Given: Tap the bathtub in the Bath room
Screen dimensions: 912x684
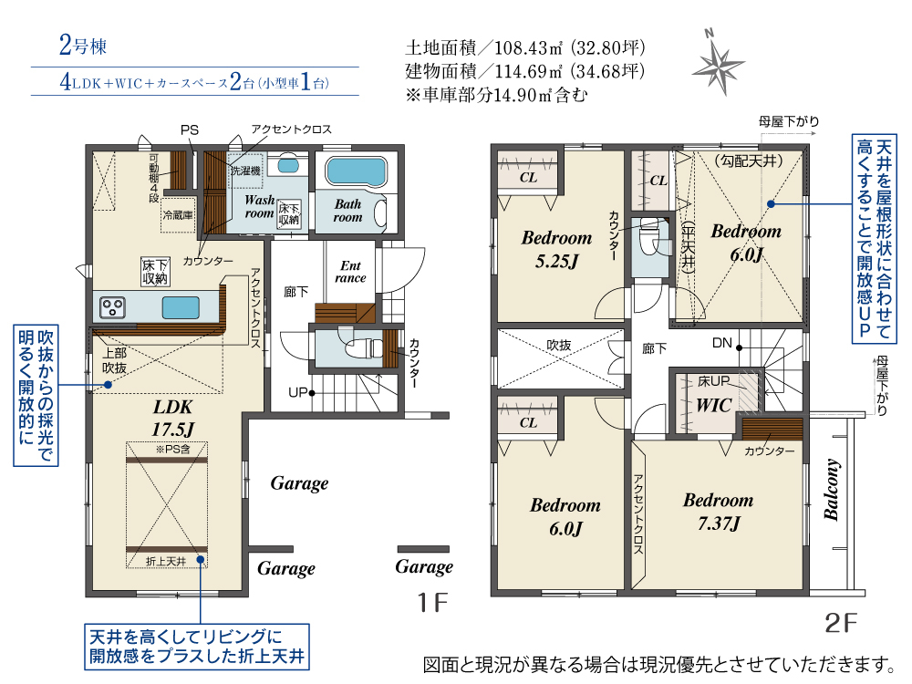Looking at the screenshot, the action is pos(356,171).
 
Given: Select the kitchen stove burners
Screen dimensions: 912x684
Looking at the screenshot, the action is pos(112,307).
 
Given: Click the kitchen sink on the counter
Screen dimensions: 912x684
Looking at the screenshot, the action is pos(181,307).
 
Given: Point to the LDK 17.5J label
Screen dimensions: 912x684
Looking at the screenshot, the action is pos(172,419).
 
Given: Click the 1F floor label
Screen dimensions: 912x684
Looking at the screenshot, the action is pos(432,603).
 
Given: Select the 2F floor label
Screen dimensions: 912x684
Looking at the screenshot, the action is pos(841,623).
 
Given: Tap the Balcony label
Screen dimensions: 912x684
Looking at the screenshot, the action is pos(831,489).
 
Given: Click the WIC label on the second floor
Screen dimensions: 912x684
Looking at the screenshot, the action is pos(714,405).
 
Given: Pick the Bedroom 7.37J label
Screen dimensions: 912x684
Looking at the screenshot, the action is pos(719,512).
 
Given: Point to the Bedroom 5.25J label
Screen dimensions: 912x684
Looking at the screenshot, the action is pos(556,249).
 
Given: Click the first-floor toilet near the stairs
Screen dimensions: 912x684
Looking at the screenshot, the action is pos(363,349).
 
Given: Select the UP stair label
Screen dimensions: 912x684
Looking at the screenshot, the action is pos(298,392).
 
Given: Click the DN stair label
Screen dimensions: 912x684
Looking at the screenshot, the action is pos(721,343).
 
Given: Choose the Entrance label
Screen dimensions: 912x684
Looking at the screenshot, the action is pos(350,272).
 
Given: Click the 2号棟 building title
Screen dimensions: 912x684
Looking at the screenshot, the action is pos(83,46).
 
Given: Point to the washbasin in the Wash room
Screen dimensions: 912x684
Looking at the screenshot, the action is pos(288,166).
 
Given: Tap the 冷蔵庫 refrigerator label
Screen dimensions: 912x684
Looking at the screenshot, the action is pos(178,215).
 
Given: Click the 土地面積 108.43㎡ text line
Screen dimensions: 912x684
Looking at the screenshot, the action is pos(525,47).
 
